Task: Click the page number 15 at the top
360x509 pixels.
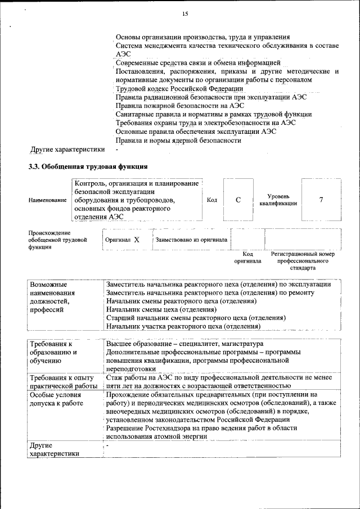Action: click(185, 13)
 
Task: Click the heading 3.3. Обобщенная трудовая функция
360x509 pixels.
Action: click(88, 166)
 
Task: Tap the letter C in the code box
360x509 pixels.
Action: click(238, 200)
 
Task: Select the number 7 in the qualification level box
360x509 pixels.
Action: click(321, 200)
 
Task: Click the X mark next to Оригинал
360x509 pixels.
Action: click(137, 240)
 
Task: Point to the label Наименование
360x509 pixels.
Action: click(47, 200)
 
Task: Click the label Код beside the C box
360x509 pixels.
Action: click(212, 200)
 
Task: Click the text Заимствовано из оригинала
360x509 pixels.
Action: click(191, 240)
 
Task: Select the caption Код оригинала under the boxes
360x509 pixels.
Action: click(247, 258)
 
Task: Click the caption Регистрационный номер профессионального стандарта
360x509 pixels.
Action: click(303, 261)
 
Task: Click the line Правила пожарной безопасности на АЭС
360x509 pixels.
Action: click(179, 106)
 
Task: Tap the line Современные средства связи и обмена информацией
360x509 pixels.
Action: click(197, 63)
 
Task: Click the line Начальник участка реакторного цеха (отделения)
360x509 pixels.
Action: click(183, 326)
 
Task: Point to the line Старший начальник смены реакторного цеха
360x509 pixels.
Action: click(196, 318)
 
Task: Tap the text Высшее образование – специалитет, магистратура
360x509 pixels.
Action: click(184, 344)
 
